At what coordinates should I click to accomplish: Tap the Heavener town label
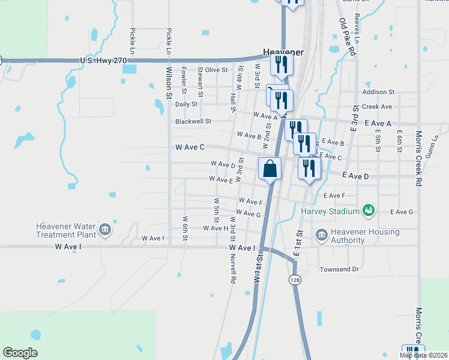click(x=283, y=52)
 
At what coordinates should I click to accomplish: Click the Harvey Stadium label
click(x=328, y=211)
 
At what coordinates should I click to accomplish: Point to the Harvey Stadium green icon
click(x=368, y=211)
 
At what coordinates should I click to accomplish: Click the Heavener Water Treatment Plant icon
click(x=104, y=229)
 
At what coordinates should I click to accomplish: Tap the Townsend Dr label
click(x=339, y=269)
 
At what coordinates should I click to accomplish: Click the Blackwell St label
click(x=193, y=121)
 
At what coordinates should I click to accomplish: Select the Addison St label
click(x=378, y=92)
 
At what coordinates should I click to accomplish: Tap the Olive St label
click(x=216, y=70)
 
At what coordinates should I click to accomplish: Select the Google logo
click(x=20, y=353)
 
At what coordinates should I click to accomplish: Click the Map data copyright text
click(x=423, y=356)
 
